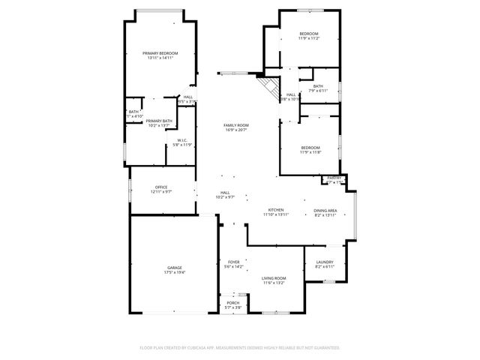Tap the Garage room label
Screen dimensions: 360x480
pos(175,268)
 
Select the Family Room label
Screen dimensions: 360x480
pos(236,125)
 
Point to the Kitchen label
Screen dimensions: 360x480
pos(276,209)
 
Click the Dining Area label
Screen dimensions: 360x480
pos(325,210)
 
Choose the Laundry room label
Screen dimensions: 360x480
pos(324,262)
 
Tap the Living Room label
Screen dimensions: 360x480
pos(274,277)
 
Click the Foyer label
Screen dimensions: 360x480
pos(234,262)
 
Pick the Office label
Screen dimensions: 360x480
pos(161,187)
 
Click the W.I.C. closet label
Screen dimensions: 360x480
pos(182,139)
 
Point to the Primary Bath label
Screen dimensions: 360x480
pos(159,121)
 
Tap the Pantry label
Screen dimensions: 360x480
pos(334,178)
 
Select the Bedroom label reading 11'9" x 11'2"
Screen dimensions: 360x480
pos(309,34)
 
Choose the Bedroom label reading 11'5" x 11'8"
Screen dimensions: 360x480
pos(310,147)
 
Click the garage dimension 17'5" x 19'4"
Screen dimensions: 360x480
pos(175,273)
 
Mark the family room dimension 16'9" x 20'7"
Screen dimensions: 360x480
pos(236,130)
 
